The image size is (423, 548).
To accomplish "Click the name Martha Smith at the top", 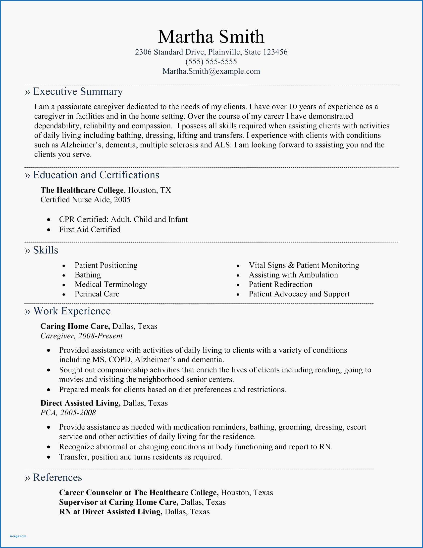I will coord(211,37).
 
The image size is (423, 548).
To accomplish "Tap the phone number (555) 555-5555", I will coord(211,62).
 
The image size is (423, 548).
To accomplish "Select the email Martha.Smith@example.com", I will coord(211,71).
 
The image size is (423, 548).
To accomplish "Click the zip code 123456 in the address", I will coord(275,52).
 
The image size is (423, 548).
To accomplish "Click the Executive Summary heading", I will coord(78,91).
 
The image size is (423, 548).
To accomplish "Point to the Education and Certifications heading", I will coord(96,175).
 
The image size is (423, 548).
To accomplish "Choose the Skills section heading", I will coord(45,250).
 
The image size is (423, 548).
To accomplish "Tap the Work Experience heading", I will coord(72,311).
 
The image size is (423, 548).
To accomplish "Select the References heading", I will coord(57,477).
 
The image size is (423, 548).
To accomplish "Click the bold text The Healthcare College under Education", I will coord(82,190).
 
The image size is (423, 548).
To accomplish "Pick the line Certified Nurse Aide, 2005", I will coord(85,200).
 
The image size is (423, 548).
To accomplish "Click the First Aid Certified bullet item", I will coord(90,229).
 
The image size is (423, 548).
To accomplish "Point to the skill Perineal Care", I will coord(97,294).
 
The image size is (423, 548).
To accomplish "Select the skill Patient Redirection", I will coord(280,284).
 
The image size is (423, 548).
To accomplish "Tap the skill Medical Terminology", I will coord(110,284).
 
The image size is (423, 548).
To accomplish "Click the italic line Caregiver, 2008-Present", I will coord(81,336).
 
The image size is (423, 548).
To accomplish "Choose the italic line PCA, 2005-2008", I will coord(68,412).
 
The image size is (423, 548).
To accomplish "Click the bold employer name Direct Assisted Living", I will coord(80,403).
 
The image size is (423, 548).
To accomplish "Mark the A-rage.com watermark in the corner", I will coord(18,536).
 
